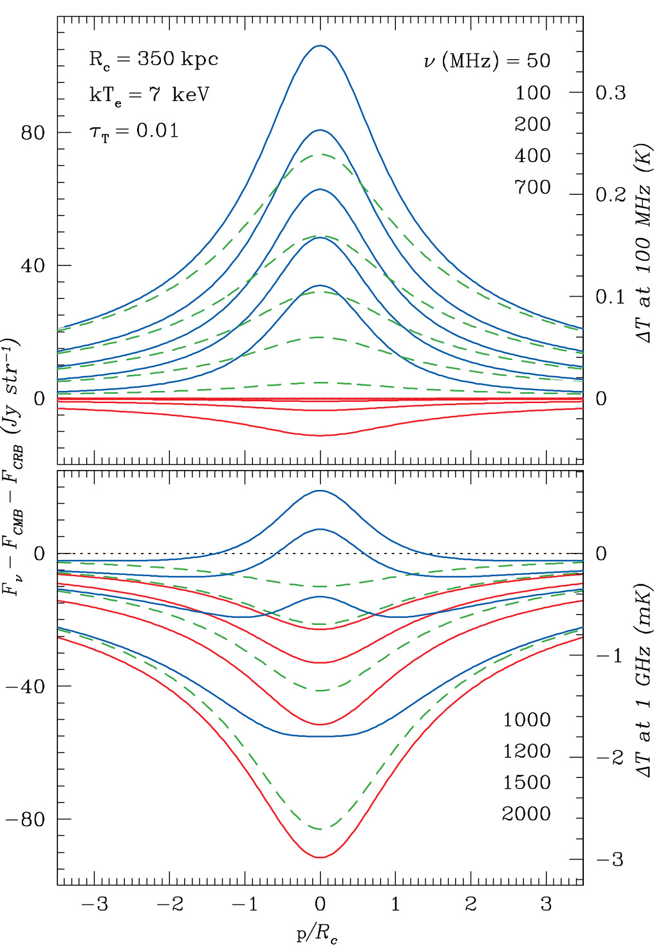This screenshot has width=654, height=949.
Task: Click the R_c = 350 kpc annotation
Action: [153, 60]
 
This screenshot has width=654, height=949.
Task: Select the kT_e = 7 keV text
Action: [149, 95]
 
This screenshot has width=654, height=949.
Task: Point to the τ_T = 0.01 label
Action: [133, 131]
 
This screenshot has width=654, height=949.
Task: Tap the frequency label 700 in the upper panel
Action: [532, 187]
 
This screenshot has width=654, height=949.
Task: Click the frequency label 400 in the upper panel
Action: [532, 156]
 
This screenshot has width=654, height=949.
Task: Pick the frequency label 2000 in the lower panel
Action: [527, 814]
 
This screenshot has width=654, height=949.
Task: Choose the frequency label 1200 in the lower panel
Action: [527, 751]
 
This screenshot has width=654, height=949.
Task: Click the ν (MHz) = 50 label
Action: [487, 61]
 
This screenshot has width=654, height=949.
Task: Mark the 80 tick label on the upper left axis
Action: [33, 133]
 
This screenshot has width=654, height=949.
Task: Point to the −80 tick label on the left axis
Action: [25, 820]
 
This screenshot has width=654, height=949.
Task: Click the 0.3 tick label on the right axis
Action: [610, 93]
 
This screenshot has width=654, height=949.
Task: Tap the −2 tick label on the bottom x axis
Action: [170, 905]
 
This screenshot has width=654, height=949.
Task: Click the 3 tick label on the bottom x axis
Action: [547, 905]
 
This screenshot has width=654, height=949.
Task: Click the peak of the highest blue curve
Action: [320, 46]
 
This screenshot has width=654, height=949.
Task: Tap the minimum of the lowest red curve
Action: [320, 857]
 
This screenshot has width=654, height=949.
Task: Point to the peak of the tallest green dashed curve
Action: [320, 154]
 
